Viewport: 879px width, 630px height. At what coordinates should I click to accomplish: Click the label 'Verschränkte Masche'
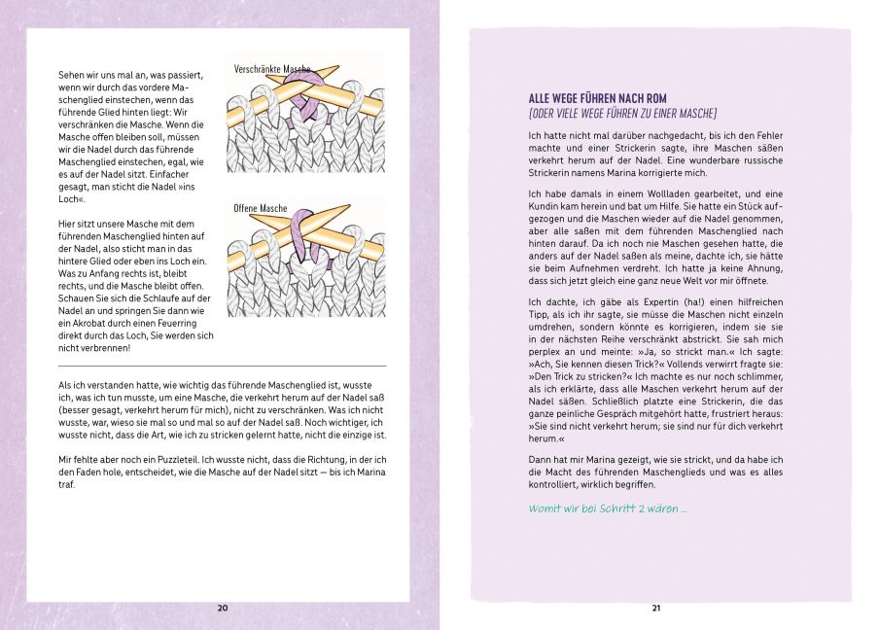tap(272, 70)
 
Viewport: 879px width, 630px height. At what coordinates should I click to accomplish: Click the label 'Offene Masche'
tap(261, 208)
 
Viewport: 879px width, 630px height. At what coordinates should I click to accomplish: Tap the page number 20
tap(222, 608)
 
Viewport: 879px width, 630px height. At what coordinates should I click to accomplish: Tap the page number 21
tap(656, 608)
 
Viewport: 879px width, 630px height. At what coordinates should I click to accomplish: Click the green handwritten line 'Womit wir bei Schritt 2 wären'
tap(608, 508)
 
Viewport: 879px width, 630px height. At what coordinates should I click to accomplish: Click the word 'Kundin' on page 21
tap(546, 207)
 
